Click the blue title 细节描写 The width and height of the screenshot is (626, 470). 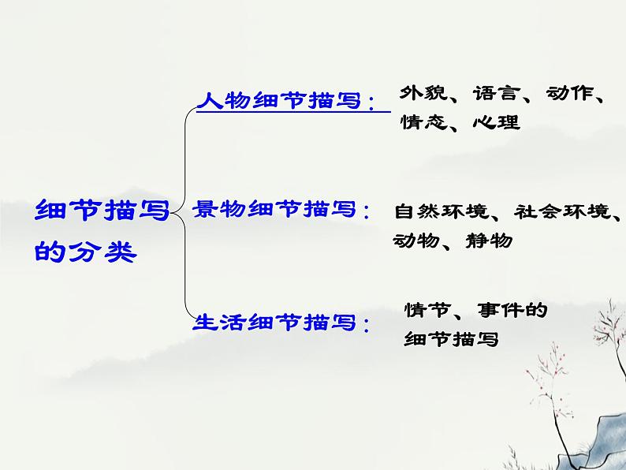coord(102,211)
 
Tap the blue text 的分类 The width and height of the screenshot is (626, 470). coord(86,252)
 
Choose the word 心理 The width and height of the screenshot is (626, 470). coord(497,122)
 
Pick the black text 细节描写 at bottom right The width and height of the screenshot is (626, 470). coord(451,341)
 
